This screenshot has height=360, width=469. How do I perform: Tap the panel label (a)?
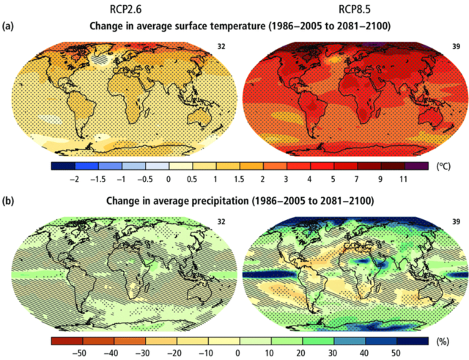coord(10,26)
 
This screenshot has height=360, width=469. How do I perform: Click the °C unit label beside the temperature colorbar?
coord(443,166)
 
